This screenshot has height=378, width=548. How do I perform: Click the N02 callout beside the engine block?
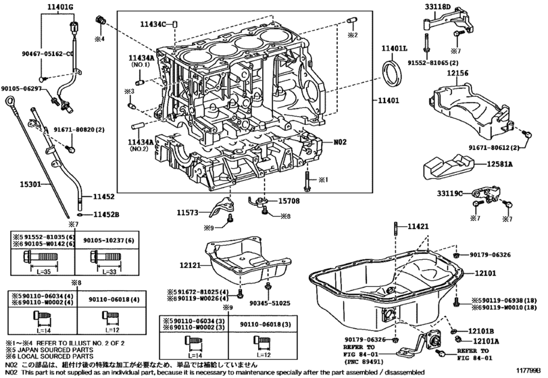point(340,143)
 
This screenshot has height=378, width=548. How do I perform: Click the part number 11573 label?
point(190,213)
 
